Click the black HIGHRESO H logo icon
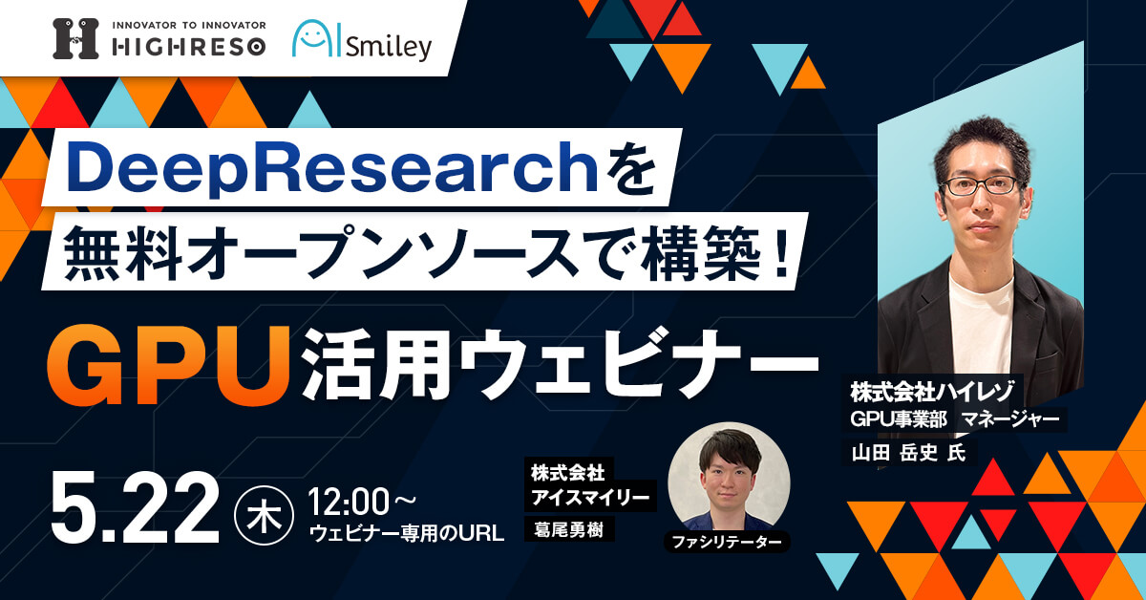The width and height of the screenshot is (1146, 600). (75, 39)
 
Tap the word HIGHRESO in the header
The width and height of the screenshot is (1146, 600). (189, 48)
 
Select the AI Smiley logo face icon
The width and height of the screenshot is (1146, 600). (317, 38)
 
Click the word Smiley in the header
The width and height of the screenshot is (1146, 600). (389, 47)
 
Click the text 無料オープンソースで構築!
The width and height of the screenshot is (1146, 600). (426, 253)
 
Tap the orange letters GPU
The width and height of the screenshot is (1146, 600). (168, 365)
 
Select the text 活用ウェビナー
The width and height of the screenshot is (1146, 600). (561, 365)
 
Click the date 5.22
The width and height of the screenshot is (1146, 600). (135, 506)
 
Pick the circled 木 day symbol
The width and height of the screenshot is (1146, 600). (264, 515)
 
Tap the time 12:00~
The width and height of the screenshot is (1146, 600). (362, 503)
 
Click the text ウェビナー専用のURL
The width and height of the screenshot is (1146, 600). (407, 534)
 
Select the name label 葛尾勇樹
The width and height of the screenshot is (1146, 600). (569, 530)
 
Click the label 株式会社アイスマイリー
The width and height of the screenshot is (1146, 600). (590, 484)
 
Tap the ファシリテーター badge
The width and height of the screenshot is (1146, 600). (727, 542)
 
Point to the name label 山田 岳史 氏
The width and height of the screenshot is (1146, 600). (908, 453)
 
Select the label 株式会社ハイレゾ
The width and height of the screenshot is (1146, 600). (932, 392)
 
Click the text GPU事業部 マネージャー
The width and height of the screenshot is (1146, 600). (955, 419)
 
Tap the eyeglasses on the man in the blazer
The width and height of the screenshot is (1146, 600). (981, 185)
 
